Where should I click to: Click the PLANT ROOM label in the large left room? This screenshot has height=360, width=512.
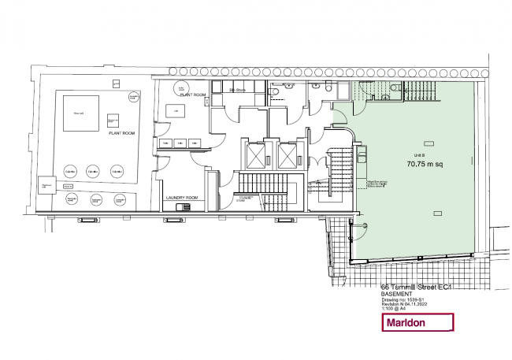pyautogui.click(x=120, y=133)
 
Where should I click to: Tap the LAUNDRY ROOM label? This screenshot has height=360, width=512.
pyautogui.click(x=180, y=197)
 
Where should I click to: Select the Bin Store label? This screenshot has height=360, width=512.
pyautogui.click(x=238, y=91)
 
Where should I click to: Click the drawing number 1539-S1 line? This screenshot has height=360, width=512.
pyautogui.click(x=403, y=301)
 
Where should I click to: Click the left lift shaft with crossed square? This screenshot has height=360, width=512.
pyautogui.click(x=256, y=155)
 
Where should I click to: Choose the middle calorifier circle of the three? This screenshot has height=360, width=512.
pyautogui.click(x=93, y=172)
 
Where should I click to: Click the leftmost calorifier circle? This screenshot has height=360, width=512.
pyautogui.click(x=69, y=172)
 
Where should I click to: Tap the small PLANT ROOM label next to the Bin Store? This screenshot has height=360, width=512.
pyautogui.click(x=193, y=95)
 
